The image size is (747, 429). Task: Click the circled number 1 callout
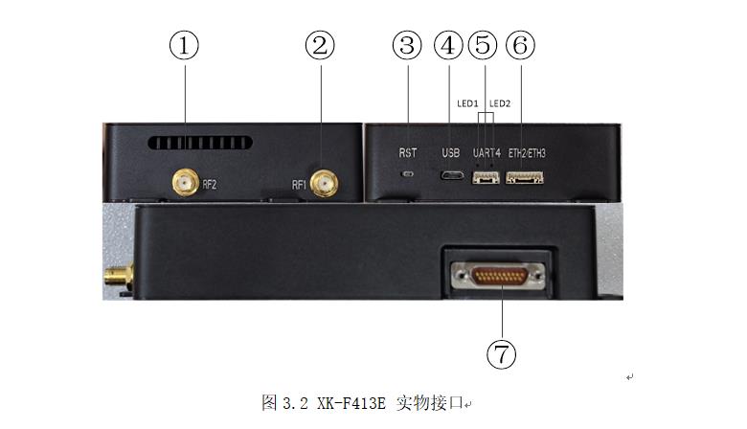coord(184,45)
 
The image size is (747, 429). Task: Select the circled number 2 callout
coord(320,45)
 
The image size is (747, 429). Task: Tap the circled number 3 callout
coord(407,45)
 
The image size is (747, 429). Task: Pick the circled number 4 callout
coord(448,45)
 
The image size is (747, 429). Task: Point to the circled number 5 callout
coord(483,45)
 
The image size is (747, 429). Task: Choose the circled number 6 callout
coord(520,45)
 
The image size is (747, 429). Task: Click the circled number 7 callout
coord(501,353)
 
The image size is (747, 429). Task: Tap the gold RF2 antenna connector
coord(186,182)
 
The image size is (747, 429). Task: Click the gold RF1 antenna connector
coord(325,184)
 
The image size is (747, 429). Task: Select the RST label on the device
coord(408,153)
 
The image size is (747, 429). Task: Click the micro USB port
coord(452,175)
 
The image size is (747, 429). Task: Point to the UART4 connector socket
coord(486,177)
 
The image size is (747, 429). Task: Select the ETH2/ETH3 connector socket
coord(525,177)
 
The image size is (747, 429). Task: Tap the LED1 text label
coord(467,103)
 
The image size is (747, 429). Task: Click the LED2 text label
coord(500,103)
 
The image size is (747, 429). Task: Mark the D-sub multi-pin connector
coord(498,276)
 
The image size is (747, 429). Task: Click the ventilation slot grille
coord(199,143)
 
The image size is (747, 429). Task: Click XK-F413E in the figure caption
coord(351,403)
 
